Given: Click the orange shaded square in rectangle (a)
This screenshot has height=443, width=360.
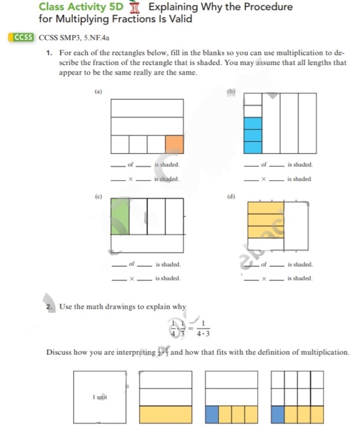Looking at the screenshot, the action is [x=174, y=144].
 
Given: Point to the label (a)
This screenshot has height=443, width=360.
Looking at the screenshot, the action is [x=98, y=91].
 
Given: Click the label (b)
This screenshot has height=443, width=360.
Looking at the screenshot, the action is [x=231, y=91].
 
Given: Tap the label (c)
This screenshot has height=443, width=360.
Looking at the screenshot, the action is [x=98, y=196].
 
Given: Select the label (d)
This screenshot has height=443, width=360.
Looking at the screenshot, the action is [x=231, y=196].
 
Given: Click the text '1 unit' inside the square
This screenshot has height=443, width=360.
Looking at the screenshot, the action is [x=99, y=397].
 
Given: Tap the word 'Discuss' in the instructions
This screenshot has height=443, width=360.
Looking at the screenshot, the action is [x=60, y=352].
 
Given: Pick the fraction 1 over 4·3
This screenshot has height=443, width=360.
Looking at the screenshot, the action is [x=204, y=328].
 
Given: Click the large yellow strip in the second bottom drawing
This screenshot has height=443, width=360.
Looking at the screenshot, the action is [x=165, y=415].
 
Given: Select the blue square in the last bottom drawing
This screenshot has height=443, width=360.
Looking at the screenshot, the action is [x=278, y=415].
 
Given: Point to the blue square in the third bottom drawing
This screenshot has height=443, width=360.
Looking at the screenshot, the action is [x=213, y=415].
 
